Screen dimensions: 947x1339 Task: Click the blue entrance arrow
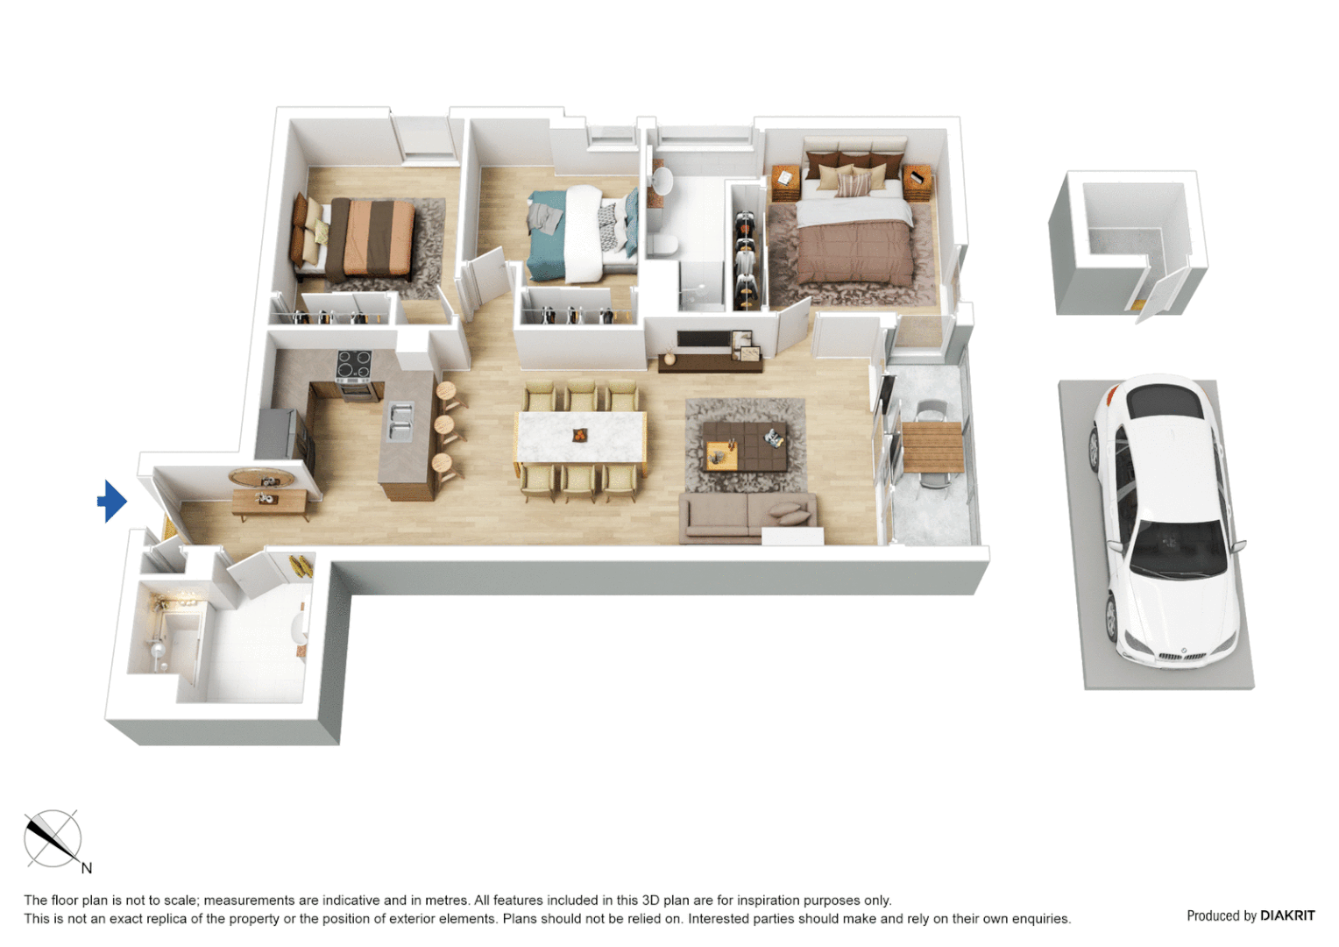(x=112, y=502)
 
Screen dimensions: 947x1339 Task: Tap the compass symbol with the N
(x=53, y=839)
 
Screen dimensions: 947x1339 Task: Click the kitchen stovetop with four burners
(x=354, y=367)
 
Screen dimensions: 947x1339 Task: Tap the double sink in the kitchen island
(x=400, y=421)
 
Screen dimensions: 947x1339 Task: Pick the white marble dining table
(x=581, y=437)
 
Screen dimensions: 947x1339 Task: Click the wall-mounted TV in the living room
(x=704, y=338)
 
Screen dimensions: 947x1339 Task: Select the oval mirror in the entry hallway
(x=262, y=478)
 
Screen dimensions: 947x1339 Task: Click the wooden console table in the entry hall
(x=268, y=501)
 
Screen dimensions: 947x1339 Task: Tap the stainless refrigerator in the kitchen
(x=279, y=433)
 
